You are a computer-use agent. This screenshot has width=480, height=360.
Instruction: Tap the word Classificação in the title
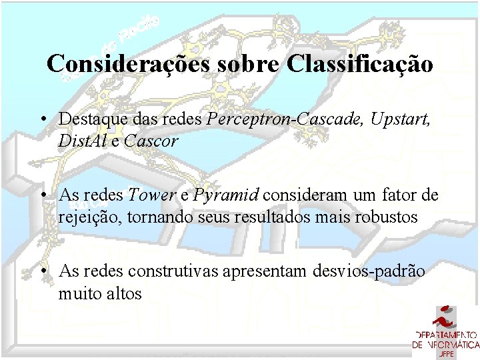click(x=361, y=64)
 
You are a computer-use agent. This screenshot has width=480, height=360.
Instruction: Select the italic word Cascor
click(x=151, y=141)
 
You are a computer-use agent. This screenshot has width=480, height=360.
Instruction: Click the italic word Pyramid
click(x=227, y=196)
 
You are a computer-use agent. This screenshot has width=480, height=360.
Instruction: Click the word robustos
click(x=387, y=217)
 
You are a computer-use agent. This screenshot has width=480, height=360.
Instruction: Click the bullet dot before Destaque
click(x=42, y=119)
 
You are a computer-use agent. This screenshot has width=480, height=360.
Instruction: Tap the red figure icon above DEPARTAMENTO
click(x=445, y=317)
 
